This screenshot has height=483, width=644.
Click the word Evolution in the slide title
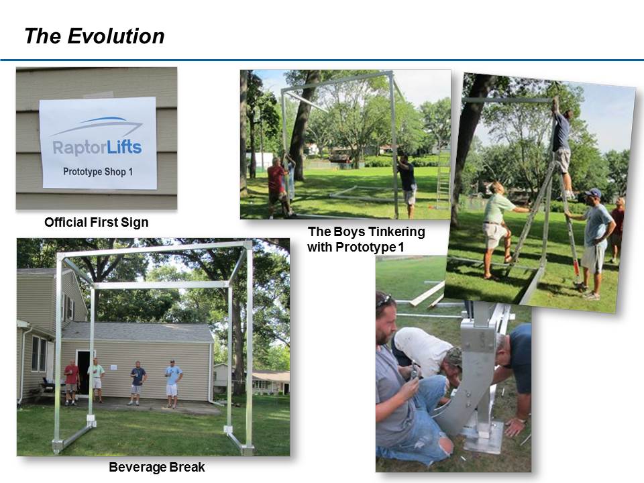(x=116, y=36)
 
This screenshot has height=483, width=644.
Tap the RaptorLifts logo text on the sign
(x=97, y=148)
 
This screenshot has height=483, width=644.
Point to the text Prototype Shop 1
(x=98, y=172)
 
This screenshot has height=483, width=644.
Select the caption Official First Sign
(x=97, y=222)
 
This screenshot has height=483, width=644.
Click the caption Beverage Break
(x=156, y=467)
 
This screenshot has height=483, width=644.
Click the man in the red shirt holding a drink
(x=72, y=382)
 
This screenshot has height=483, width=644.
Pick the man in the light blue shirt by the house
(x=173, y=384)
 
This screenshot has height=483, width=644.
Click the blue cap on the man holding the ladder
(x=593, y=193)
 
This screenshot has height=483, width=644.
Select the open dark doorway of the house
(x=83, y=372)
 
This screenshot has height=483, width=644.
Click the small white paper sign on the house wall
(x=114, y=366)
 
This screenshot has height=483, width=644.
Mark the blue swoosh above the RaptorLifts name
(x=97, y=125)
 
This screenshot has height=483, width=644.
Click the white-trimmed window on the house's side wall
(x=39, y=354)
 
